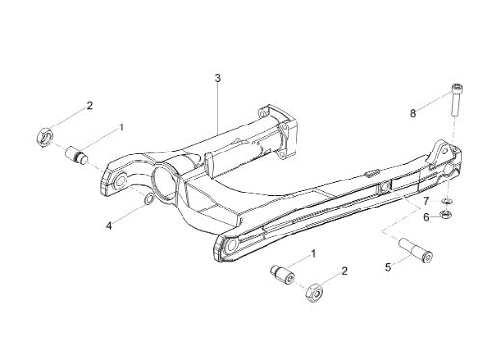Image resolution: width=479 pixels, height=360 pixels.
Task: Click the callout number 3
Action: tap(218, 78)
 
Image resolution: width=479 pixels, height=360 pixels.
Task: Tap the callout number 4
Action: tap(109, 226)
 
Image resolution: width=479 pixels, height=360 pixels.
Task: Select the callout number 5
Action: tap(388, 267)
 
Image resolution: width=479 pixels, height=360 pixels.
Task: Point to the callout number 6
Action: tap(426, 218)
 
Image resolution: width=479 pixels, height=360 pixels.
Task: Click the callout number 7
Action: tap(426, 201)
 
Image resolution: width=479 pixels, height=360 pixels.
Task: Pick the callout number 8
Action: tap(413, 113)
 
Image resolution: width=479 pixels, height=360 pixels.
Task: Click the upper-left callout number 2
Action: tap(90, 105)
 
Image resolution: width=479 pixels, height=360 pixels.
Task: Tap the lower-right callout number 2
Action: tap(344, 271)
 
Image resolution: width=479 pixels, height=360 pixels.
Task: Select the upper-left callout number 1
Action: tap(121, 127)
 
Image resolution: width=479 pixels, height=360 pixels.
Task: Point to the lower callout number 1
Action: tap(313, 254)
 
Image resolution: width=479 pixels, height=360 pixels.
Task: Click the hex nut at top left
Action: tap(44, 137)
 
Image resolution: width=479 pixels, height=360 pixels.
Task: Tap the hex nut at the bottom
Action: tap(314, 292)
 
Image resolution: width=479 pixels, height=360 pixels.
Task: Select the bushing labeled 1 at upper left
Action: tap(76, 155)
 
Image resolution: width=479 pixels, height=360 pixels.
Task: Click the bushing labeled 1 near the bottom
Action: tap(282, 274)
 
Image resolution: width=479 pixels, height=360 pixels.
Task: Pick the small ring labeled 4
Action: tap(148, 199)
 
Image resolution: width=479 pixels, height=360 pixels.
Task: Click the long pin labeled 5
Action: tap(415, 251)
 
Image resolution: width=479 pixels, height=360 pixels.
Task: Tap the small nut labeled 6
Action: tap(446, 214)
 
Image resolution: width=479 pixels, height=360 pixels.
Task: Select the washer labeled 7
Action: tap(447, 201)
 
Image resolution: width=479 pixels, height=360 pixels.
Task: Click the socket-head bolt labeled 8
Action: tap(456, 99)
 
